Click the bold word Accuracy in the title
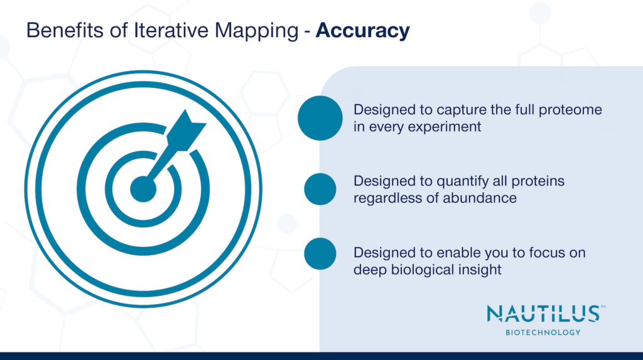(363, 30)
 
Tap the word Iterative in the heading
(166, 30)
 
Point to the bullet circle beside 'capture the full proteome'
(320, 117)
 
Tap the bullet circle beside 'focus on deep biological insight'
(320, 253)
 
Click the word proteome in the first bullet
(573, 110)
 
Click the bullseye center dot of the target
(143, 188)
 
